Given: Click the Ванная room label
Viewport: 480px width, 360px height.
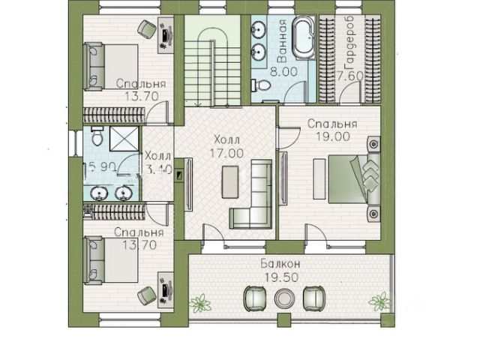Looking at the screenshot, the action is click(282, 40).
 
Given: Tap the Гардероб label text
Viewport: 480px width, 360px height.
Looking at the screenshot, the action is click(349, 43).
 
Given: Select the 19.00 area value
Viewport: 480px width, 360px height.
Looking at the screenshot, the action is click(333, 136).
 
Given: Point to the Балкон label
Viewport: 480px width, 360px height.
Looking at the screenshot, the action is click(280, 263).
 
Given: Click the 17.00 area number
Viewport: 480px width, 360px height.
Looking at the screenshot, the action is click(226, 153).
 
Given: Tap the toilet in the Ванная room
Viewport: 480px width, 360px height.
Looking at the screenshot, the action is click(260, 85).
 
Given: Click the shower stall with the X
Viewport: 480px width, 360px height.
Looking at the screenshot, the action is click(124, 139).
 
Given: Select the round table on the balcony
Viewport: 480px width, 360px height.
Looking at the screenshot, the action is click(284, 298).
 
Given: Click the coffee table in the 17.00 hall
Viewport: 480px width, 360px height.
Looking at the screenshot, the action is click(230, 181).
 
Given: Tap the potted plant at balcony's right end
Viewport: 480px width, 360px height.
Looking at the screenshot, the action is click(379, 301).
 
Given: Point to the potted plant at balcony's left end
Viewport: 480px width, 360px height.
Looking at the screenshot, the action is click(200, 303).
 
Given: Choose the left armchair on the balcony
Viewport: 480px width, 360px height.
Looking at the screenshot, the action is click(254, 298).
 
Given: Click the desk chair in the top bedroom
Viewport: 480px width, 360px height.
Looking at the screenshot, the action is click(147, 28).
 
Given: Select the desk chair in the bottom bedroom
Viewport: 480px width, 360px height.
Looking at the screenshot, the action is click(147, 295).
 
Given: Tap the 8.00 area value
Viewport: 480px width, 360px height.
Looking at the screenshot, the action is click(283, 72).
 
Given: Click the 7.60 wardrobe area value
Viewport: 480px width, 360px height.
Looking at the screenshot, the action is click(349, 76).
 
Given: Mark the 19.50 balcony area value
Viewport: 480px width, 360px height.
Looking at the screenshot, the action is click(281, 277).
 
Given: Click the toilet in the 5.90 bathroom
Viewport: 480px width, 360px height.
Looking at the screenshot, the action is click(97, 136).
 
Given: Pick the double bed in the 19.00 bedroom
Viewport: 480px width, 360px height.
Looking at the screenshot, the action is click(355, 179).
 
